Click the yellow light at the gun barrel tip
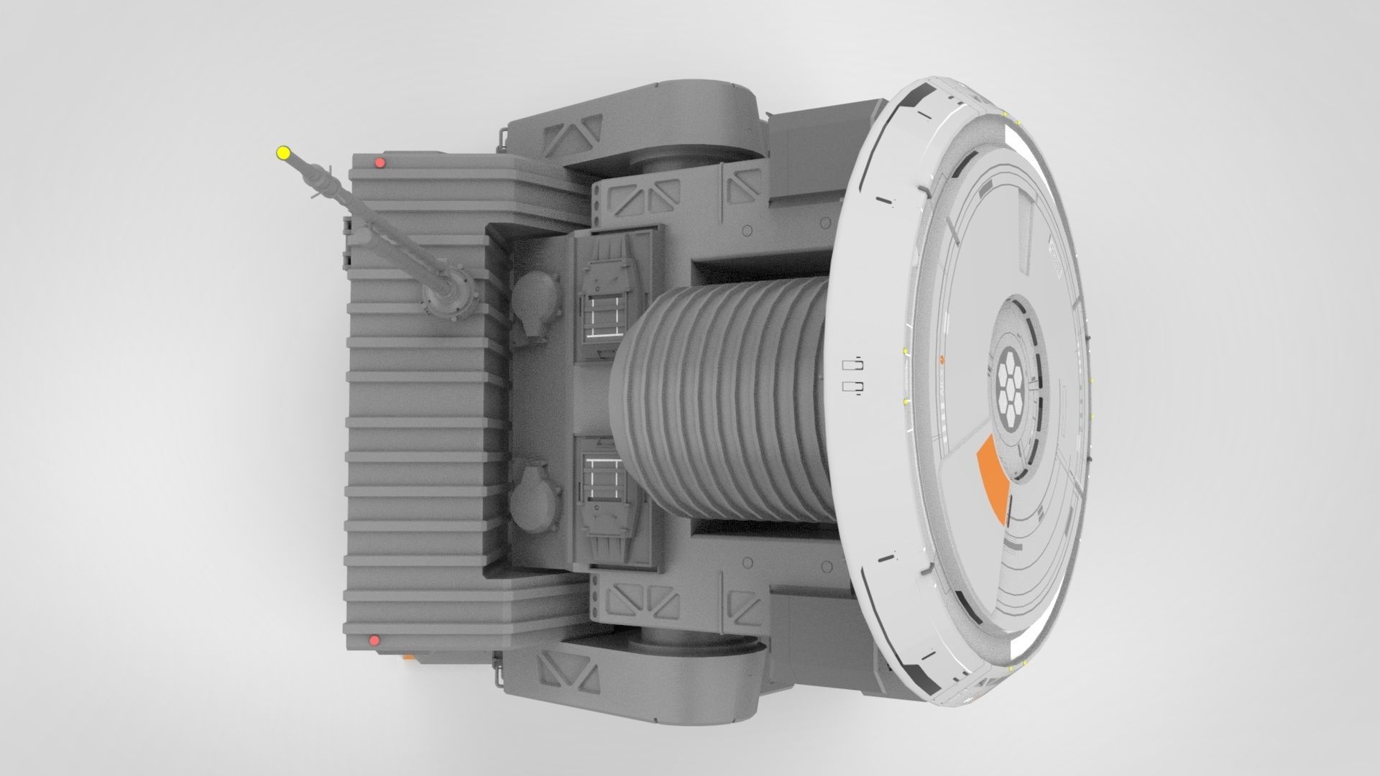click(282, 152)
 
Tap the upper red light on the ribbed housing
click(380, 164)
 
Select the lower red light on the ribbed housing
click(373, 640)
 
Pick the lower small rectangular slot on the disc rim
click(852, 388)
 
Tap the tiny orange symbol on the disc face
click(943, 356)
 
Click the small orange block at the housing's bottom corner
click(408, 656)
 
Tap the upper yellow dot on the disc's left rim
click(903, 351)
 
